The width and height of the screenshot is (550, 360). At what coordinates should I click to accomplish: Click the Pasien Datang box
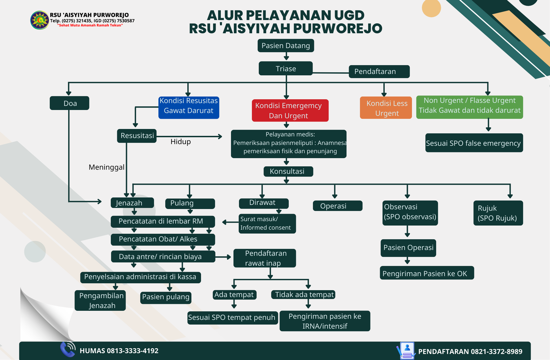point(286,46)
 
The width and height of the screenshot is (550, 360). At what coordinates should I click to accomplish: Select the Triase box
point(286,68)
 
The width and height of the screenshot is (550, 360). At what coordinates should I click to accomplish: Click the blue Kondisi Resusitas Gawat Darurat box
point(189,108)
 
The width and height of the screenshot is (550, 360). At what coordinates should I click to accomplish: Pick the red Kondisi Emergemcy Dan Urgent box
point(290,110)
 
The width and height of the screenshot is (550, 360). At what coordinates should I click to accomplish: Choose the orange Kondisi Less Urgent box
point(386,108)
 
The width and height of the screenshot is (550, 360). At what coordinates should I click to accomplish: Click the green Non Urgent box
point(470,107)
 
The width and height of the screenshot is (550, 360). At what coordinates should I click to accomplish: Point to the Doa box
point(69,103)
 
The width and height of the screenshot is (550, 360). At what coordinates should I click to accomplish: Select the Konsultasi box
point(288,171)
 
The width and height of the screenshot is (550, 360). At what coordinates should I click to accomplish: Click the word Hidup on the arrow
point(180,142)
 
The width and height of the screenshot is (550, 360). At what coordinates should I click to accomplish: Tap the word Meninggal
point(107,167)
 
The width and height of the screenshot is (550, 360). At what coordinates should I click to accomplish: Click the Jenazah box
point(132,203)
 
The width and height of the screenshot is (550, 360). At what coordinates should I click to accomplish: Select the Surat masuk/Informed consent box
point(267,223)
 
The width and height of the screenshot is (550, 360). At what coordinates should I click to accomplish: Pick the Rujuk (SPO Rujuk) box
point(498,213)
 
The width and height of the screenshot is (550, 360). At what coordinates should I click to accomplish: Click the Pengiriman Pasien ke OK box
point(427,273)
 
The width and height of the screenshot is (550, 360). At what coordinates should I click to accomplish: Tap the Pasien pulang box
point(166,297)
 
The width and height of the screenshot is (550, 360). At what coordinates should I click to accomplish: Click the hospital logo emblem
point(40,20)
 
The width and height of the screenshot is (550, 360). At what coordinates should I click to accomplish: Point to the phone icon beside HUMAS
point(68,349)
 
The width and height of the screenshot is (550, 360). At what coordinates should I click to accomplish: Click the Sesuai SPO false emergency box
point(474,143)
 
